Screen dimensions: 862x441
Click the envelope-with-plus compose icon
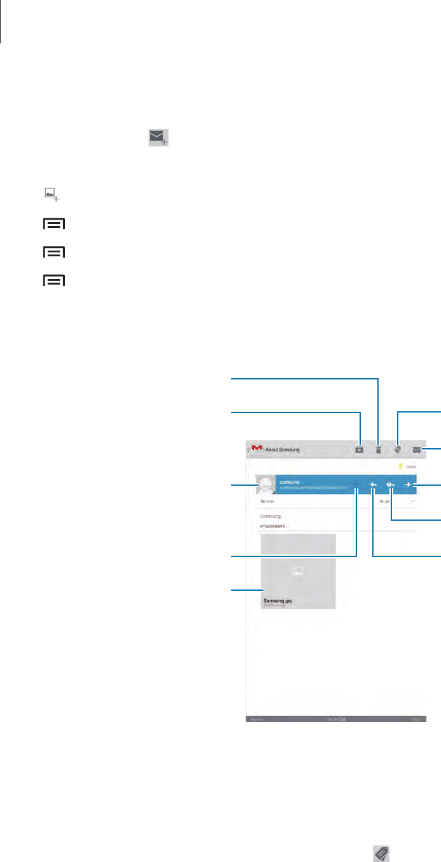[x=159, y=139]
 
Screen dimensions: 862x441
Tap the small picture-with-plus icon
[x=52, y=195]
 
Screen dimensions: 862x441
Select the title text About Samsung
[x=282, y=449]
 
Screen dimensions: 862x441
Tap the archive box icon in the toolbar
[x=360, y=449]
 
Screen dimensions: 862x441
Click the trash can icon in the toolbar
[x=378, y=449]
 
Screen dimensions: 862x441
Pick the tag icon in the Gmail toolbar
[x=398, y=449]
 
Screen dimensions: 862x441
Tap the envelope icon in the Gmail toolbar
[x=417, y=449]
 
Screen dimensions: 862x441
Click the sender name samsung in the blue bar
[x=290, y=482]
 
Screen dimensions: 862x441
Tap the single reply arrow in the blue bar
[x=373, y=486]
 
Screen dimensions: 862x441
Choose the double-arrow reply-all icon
[x=390, y=486]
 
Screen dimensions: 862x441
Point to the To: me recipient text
[x=266, y=502]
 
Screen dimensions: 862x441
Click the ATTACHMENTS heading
[x=272, y=526]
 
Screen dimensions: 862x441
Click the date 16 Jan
[x=384, y=502]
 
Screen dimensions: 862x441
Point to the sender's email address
[x=312, y=488]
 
